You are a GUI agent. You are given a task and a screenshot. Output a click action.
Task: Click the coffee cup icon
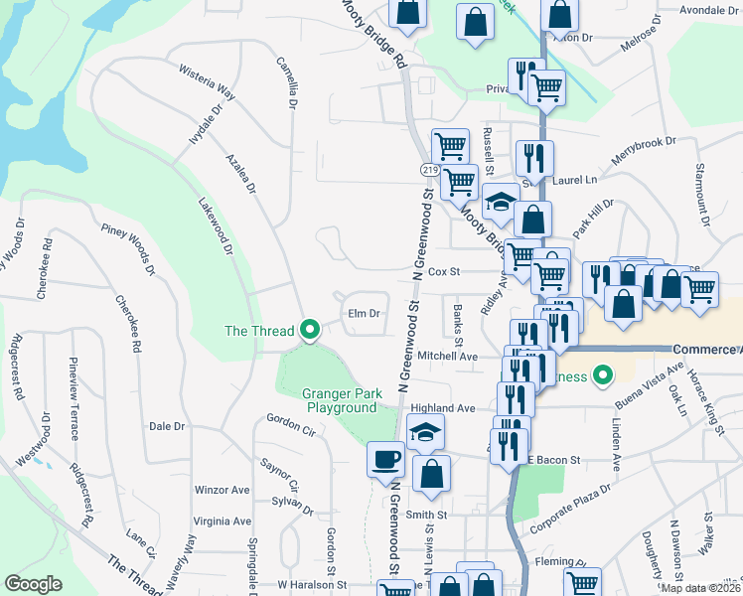click(384, 460)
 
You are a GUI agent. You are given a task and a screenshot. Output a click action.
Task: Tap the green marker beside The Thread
click(309, 331)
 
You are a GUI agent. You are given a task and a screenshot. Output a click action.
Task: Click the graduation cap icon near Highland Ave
click(426, 432)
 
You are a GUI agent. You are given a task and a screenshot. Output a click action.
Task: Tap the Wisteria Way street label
click(207, 83)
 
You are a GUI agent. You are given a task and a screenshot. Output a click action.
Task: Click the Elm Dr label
click(365, 314)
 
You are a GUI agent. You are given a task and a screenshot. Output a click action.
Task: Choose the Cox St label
click(444, 271)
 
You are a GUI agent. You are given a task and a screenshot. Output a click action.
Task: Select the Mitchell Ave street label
click(448, 356)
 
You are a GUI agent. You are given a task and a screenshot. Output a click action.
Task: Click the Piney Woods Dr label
click(129, 248)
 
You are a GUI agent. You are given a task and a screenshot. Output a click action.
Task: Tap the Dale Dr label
click(167, 426)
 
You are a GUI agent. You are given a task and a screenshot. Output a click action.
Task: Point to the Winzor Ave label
click(223, 490)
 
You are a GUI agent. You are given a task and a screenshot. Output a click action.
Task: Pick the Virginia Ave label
click(223, 521)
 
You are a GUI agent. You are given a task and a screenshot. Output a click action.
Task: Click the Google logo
click(34, 584)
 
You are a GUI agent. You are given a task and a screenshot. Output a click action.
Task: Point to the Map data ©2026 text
click(701, 588)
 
